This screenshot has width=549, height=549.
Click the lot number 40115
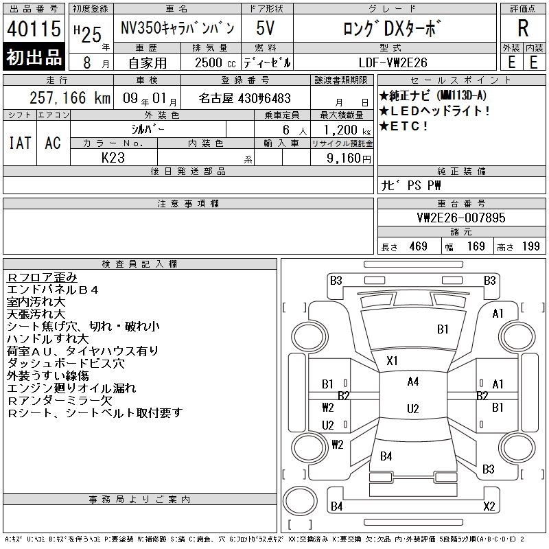(34, 28)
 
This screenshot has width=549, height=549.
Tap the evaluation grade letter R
(523, 28)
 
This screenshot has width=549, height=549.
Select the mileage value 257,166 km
(70, 97)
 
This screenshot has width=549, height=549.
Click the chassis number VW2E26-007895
(461, 218)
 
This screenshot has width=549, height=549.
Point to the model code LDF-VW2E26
(393, 62)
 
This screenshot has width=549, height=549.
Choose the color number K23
(113, 158)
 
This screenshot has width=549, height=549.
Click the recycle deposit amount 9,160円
(349, 159)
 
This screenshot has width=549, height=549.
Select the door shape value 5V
(265, 28)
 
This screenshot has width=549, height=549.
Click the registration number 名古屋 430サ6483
(244, 98)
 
